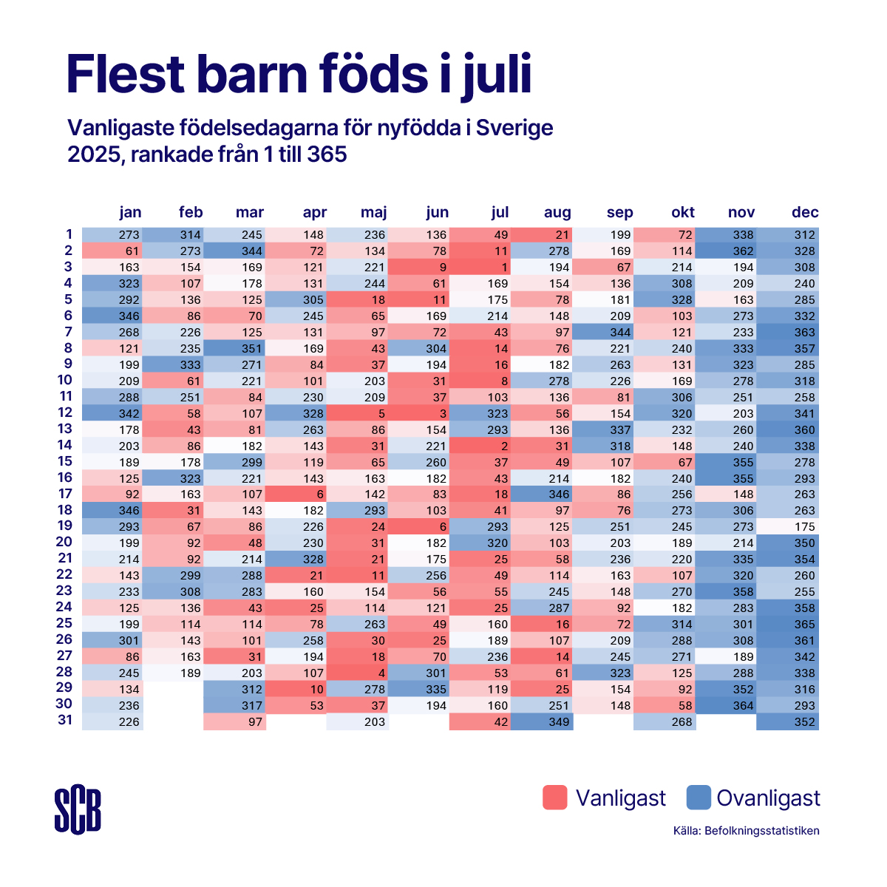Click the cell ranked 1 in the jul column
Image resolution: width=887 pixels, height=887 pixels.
[480, 267]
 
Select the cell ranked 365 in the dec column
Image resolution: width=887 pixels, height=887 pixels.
[787, 624]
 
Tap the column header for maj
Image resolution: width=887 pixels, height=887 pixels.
[373, 212]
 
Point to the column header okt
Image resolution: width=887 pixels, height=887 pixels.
[683, 212]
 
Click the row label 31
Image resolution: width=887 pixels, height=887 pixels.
[65, 719]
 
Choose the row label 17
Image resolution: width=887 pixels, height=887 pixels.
[65, 494]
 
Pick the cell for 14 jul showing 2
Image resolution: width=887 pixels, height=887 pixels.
[480, 446]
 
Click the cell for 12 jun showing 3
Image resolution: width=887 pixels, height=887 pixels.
[419, 413]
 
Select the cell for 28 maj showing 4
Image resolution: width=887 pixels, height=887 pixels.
[358, 673]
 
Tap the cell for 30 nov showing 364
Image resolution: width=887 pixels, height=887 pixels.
[726, 705]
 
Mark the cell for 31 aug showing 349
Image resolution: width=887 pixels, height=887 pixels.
[542, 721]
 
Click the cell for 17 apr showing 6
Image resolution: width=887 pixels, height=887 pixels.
[296, 494]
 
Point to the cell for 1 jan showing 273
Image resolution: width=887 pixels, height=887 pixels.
[112, 234]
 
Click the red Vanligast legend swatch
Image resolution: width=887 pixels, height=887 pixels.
[554, 798]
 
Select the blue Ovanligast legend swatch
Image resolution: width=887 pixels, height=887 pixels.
[699, 798]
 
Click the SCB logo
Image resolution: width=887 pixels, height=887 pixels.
[78, 809]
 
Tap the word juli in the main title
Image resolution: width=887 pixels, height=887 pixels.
[497, 75]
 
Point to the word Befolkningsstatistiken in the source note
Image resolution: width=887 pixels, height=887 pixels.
[762, 831]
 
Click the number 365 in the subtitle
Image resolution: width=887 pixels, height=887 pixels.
[327, 154]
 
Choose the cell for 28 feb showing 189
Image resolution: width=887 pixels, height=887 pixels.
[174, 673]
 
